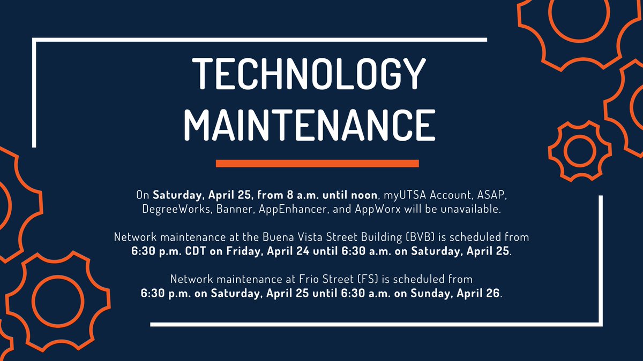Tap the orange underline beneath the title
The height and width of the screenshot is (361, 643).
[317, 163]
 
